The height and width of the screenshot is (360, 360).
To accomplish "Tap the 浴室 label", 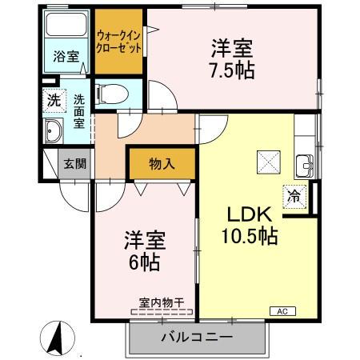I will (x=66, y=58).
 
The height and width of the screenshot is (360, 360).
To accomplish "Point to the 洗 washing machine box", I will (x=52, y=102).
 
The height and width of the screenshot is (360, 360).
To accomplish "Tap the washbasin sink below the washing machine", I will (x=54, y=131).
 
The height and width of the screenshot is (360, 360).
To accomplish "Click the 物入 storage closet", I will (x=162, y=163).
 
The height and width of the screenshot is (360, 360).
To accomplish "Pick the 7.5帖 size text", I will (x=233, y=70).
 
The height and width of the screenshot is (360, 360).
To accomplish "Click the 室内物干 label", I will (x=162, y=302).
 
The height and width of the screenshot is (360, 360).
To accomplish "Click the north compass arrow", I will (x=57, y=338).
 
